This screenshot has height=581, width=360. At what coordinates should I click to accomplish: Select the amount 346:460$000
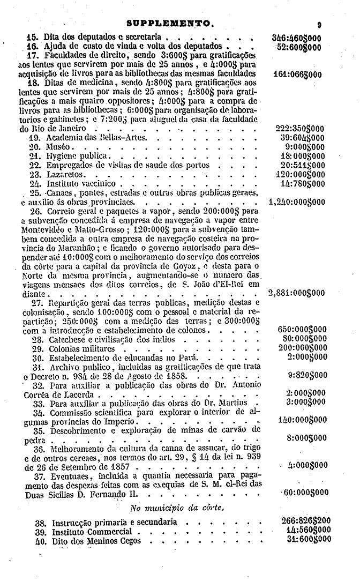click(296, 38)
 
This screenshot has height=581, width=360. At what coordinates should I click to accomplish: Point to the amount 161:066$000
click(296, 73)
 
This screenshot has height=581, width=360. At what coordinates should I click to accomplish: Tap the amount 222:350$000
click(296, 129)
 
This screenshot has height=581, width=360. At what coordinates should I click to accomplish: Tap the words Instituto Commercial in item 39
click(92, 531)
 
